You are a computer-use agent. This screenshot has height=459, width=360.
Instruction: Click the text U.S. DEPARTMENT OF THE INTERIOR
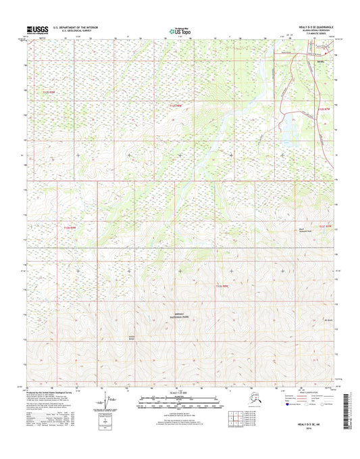(74, 27)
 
